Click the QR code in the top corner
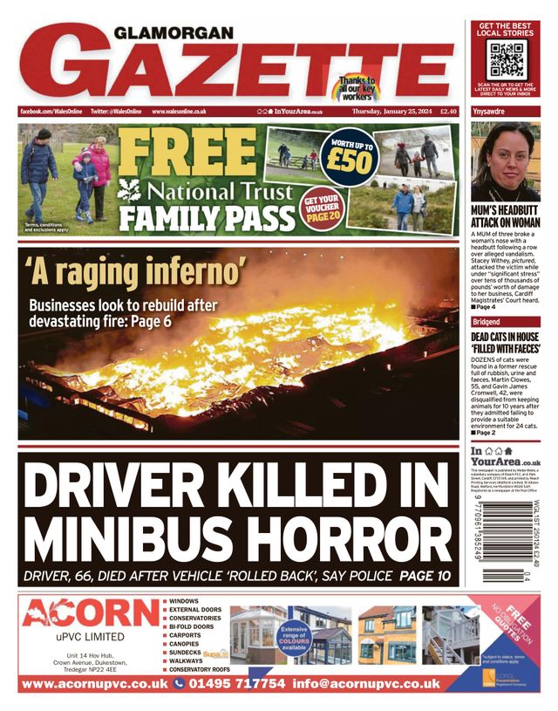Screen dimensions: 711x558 pyautogui.click(x=506, y=59)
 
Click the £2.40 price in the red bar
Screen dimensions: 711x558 pyautogui.click(x=448, y=112)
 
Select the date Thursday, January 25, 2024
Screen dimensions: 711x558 pyautogui.click(x=391, y=112)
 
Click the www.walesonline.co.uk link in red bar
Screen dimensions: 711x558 pyautogui.click(x=179, y=112)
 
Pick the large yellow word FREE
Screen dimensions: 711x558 pyautogui.click(x=188, y=154)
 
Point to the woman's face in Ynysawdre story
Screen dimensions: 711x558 pyautogui.click(x=506, y=157)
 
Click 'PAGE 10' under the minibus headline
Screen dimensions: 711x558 pyautogui.click(x=426, y=577)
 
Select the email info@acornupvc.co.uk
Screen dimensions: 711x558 pyautogui.click(x=366, y=685)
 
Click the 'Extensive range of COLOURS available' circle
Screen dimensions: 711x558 pyautogui.click(x=294, y=637)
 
